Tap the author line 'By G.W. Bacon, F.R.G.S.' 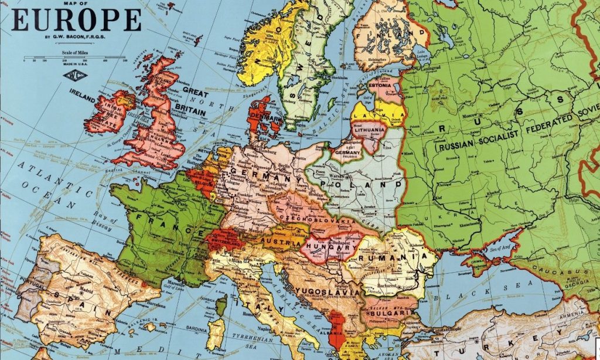point(76,40)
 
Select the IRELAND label point(83,92)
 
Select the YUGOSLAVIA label point(323,291)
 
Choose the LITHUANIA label point(370,129)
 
